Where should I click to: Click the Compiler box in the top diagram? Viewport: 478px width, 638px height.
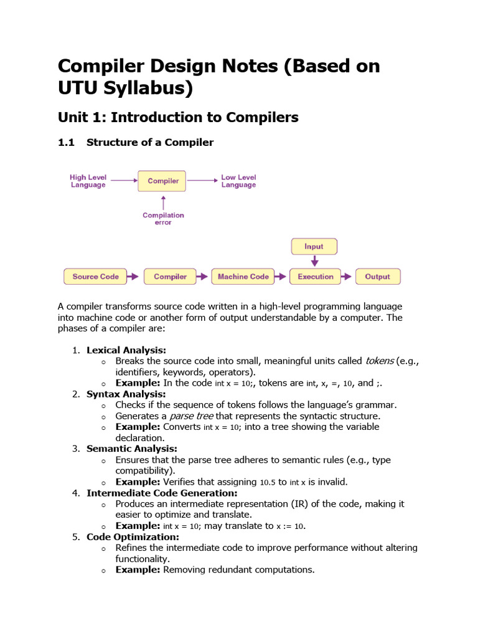click(x=163, y=181)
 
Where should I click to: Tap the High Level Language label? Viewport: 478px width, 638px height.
click(x=88, y=181)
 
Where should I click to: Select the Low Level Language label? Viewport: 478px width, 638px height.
click(x=238, y=181)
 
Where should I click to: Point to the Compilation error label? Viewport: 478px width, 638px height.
click(x=163, y=219)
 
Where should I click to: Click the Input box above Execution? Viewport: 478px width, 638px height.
click(x=314, y=246)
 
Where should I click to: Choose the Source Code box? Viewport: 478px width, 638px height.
click(x=95, y=277)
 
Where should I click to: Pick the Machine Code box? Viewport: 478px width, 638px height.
click(x=243, y=277)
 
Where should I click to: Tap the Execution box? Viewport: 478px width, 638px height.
click(x=316, y=277)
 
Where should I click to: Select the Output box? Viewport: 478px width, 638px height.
click(x=377, y=277)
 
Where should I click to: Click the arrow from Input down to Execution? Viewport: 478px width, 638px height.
click(x=314, y=260)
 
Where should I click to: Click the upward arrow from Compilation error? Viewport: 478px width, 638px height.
click(x=163, y=202)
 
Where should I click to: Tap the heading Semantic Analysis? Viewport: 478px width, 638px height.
click(x=132, y=449)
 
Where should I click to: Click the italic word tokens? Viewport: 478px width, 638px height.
click(x=379, y=361)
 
